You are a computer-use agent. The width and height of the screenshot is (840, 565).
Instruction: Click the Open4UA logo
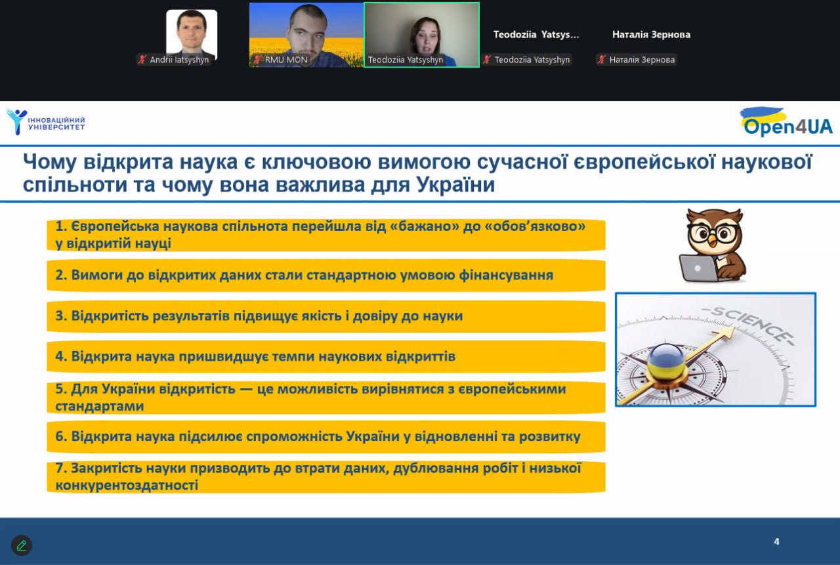pyautogui.click(x=786, y=122)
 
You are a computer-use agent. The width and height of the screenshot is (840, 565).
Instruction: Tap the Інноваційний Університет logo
pyautogui.click(x=46, y=122)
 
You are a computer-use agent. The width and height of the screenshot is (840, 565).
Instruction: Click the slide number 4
pyautogui.click(x=776, y=541)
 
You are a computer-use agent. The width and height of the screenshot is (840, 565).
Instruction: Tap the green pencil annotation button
pyautogui.click(x=22, y=545)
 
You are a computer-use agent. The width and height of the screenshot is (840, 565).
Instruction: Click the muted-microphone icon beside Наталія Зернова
pyautogui.click(x=602, y=60)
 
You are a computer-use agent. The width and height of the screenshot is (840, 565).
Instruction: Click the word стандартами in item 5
pyautogui.click(x=99, y=406)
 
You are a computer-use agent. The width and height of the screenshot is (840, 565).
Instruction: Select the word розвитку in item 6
pyautogui.click(x=550, y=437)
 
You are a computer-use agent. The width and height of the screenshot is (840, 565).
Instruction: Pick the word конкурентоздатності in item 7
pyautogui.click(x=127, y=485)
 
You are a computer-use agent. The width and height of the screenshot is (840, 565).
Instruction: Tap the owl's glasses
pyautogui.click(x=713, y=234)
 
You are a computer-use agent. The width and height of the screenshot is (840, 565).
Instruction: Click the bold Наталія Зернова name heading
pyautogui.click(x=652, y=35)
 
